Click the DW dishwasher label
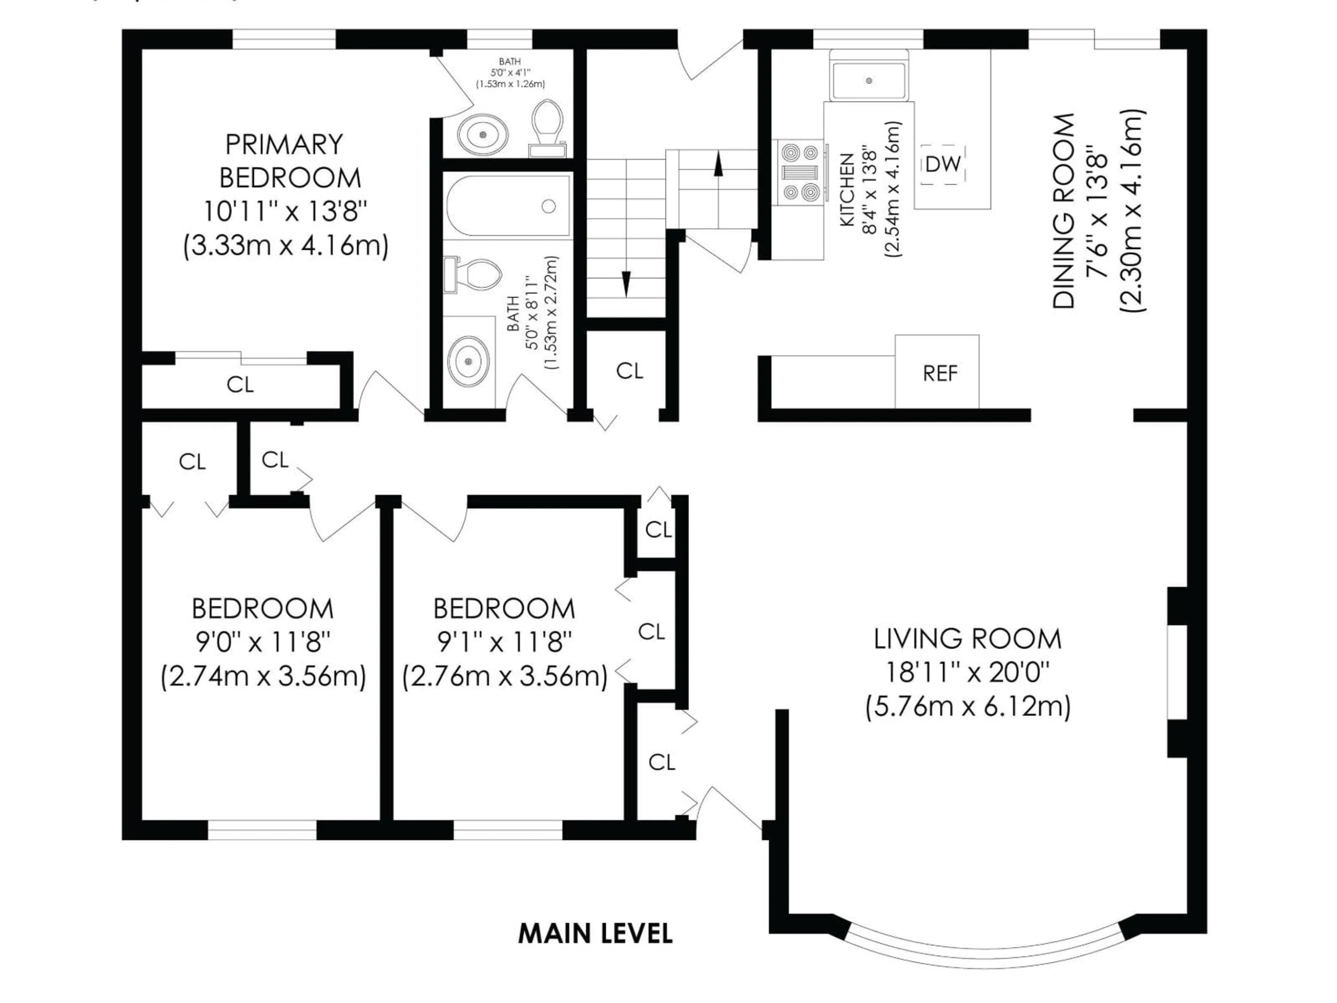click(x=942, y=163)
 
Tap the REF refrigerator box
click(x=940, y=373)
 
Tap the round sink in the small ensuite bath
click(x=482, y=134)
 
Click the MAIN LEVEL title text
click(x=595, y=933)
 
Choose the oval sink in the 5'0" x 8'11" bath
click(x=468, y=360)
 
